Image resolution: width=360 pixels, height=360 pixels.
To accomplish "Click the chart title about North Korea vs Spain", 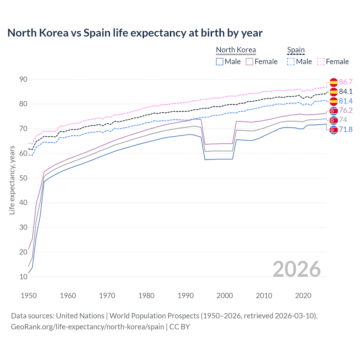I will pyautogui.click(x=135, y=33).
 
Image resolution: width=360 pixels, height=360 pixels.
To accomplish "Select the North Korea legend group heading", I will pyautogui.click(x=236, y=50).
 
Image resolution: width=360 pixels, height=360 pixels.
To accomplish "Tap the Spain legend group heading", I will pyautogui.click(x=296, y=50).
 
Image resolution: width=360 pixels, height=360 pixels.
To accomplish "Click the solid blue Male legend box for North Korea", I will pyautogui.click(x=220, y=62).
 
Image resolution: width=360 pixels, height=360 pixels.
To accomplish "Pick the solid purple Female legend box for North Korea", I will pyautogui.click(x=249, y=62).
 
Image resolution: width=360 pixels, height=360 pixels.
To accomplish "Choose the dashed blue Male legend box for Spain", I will pyautogui.click(x=291, y=62).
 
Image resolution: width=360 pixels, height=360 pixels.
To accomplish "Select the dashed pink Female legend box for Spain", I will pyautogui.click(x=321, y=62).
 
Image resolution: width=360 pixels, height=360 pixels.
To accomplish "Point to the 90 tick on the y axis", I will pyautogui.click(x=23, y=80).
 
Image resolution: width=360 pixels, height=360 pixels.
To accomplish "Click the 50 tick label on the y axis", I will pyautogui.click(x=23, y=178).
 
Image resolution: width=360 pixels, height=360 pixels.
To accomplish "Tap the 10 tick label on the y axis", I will pyautogui.click(x=23, y=277).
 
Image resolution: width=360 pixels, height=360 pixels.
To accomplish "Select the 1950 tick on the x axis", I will pyautogui.click(x=29, y=296).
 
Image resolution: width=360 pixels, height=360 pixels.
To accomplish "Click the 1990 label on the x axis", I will pyautogui.click(x=186, y=296).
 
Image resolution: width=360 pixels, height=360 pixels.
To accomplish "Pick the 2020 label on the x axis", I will pyautogui.click(x=303, y=296).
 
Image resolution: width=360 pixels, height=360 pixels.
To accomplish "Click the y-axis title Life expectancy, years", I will pyautogui.click(x=12, y=180).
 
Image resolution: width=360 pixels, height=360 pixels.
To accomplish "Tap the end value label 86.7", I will pyautogui.click(x=346, y=82).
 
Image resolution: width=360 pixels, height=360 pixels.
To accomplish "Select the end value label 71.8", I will pyautogui.click(x=346, y=129).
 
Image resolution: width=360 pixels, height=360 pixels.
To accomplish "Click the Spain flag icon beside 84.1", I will pyautogui.click(x=334, y=91).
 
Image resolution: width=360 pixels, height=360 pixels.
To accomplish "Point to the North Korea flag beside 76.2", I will pyautogui.click(x=334, y=111).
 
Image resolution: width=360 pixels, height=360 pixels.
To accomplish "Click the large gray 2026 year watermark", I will pyautogui.click(x=297, y=269).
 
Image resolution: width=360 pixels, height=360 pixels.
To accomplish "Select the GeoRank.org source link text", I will pyautogui.click(x=87, y=327).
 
